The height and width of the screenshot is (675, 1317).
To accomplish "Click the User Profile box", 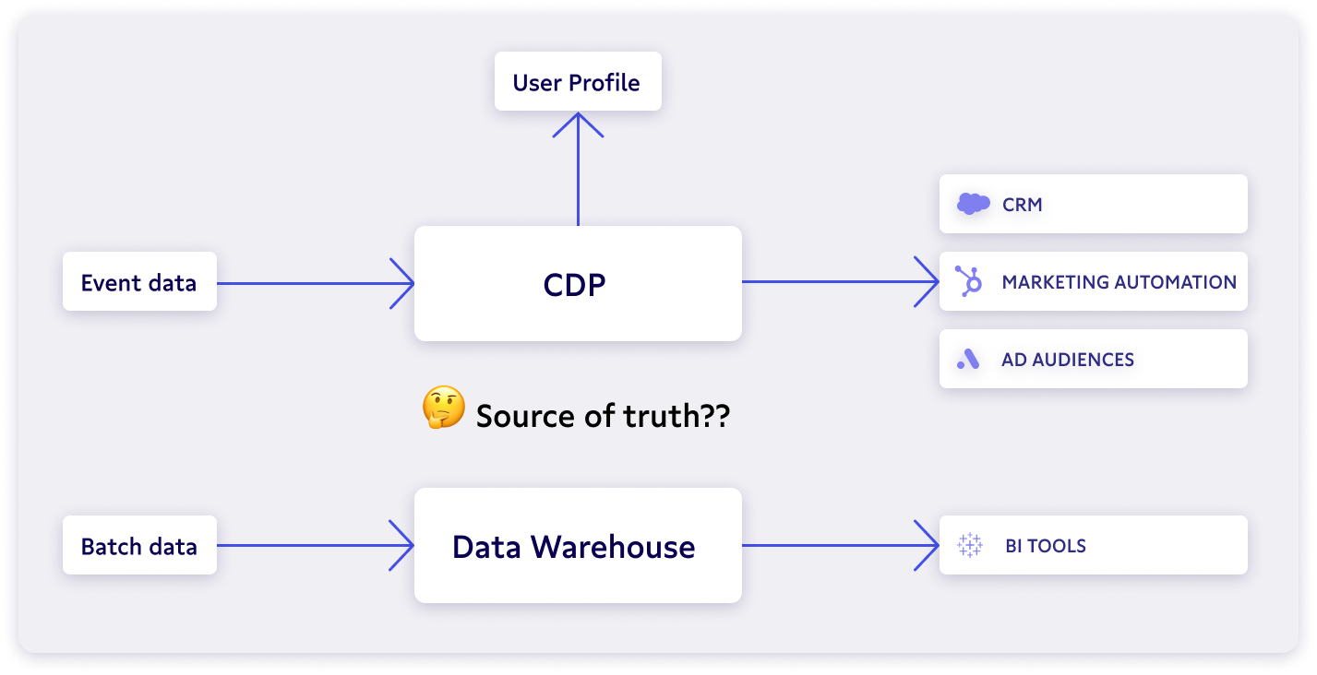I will (578, 82).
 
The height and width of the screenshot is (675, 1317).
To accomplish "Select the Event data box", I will (139, 281).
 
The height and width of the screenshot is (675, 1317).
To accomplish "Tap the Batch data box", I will (139, 545).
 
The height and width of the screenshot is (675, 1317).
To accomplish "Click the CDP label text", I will (575, 284).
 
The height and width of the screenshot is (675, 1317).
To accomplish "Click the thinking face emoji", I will (443, 408).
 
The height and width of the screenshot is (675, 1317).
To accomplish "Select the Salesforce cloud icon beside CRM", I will (973, 204).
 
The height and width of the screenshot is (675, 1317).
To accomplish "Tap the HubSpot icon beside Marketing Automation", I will (969, 281).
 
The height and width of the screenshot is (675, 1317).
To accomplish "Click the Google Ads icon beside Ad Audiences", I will (968, 360).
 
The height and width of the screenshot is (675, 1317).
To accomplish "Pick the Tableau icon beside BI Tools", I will (970, 545).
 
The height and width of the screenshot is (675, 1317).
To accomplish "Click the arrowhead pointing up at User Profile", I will (578, 124).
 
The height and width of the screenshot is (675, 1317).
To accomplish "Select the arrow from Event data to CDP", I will (314, 282).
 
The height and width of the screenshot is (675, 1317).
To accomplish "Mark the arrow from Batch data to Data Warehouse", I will (314, 545).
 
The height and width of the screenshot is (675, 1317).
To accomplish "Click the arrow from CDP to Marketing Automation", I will (840, 282).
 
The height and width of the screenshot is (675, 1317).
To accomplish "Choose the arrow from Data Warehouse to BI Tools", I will (840, 545).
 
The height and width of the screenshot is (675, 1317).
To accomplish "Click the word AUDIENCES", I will (1085, 360).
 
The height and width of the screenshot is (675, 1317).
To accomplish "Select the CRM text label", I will (1023, 205).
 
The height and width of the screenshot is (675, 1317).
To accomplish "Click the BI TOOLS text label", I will (1046, 546).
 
